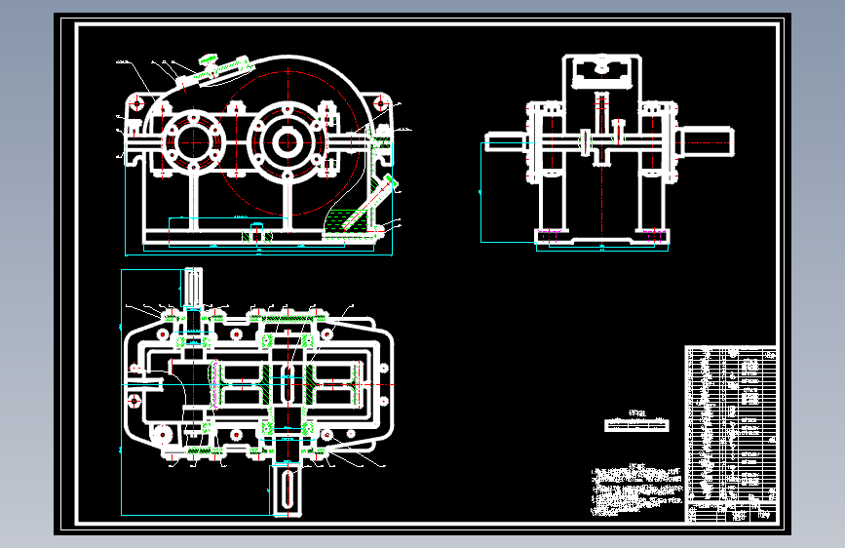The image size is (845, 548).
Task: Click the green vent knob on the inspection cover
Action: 209,62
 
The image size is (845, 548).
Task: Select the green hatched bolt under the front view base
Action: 258,233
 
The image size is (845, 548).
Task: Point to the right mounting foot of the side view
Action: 651,234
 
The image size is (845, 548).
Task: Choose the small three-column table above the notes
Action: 637,424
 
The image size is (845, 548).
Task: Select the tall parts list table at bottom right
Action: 731,434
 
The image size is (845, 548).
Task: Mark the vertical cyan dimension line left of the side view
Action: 482,191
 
